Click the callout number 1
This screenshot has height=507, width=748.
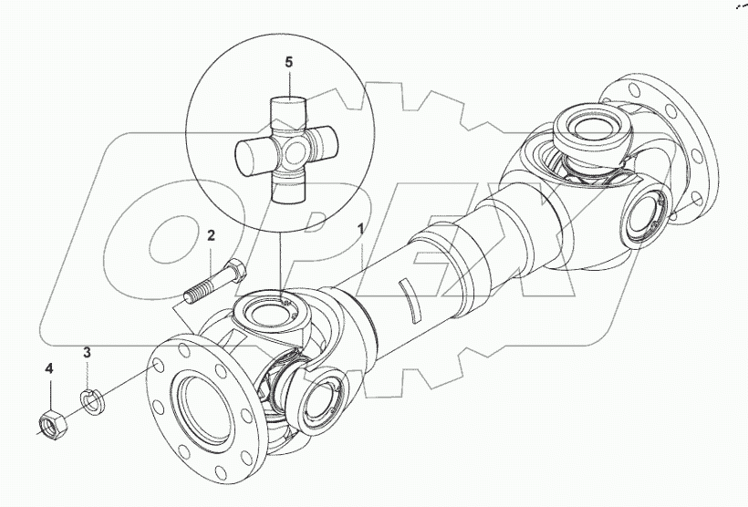362,231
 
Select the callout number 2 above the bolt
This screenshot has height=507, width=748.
210,236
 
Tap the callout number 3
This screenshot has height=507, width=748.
88,353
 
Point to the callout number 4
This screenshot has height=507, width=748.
50,369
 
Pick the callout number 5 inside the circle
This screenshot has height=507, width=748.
288,64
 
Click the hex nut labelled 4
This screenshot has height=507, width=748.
50,421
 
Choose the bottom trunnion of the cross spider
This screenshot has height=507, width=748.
290,187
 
